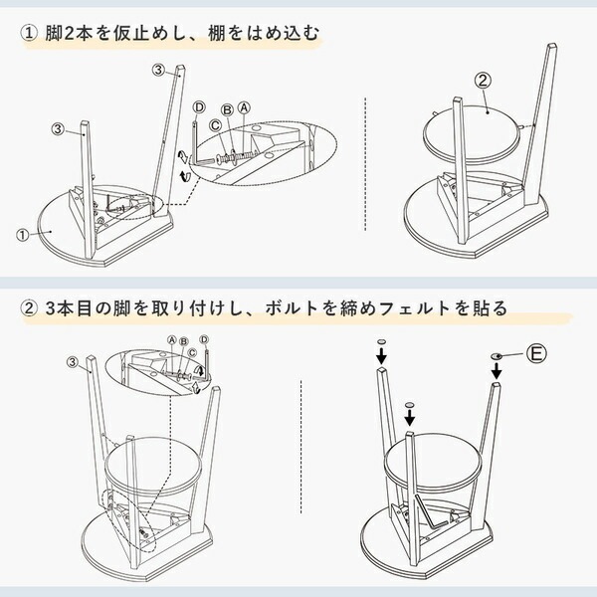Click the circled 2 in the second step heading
pos(29,309)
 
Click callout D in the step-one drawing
pos(199,106)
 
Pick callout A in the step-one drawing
pos(243,106)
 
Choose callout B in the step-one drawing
pos(227,108)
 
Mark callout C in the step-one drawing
pos(214,125)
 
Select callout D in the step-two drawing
pos(204,340)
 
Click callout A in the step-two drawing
pos(171,339)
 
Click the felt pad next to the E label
pos(496,356)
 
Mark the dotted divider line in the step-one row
pos(368,159)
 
